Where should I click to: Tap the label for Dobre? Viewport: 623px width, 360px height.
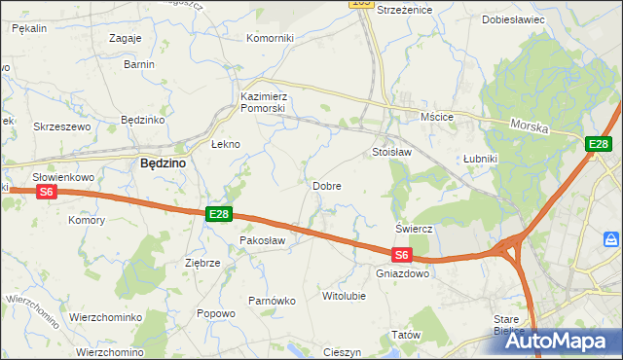326,185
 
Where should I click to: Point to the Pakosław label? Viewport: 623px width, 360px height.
262,239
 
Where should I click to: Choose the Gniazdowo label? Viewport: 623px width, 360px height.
402,273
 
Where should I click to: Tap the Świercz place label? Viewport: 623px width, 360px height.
414,228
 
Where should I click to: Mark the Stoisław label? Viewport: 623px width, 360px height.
392,153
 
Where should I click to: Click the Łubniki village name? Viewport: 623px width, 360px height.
481,158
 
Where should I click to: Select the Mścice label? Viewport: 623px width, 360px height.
437,117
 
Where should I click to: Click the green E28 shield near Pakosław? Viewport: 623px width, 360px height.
218,214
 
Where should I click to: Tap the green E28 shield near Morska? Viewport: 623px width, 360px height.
599,145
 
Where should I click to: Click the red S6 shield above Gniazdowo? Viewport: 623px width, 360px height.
402,256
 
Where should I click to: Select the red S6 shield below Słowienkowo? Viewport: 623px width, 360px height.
47,194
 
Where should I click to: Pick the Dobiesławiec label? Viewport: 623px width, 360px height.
513,19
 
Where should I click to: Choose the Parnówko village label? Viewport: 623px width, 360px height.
272,301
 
